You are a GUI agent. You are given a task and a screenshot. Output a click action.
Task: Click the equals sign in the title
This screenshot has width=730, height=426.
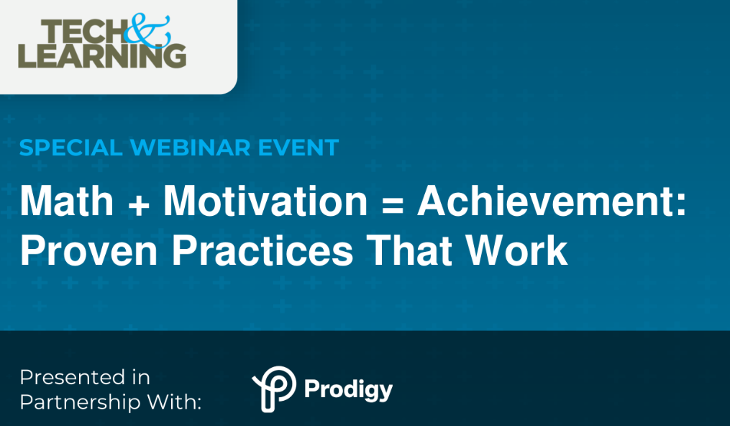point(392,203)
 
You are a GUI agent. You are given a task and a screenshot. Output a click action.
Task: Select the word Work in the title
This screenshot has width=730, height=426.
point(517,250)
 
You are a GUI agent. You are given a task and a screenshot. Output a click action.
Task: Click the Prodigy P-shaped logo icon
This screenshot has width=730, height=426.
point(273,389)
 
